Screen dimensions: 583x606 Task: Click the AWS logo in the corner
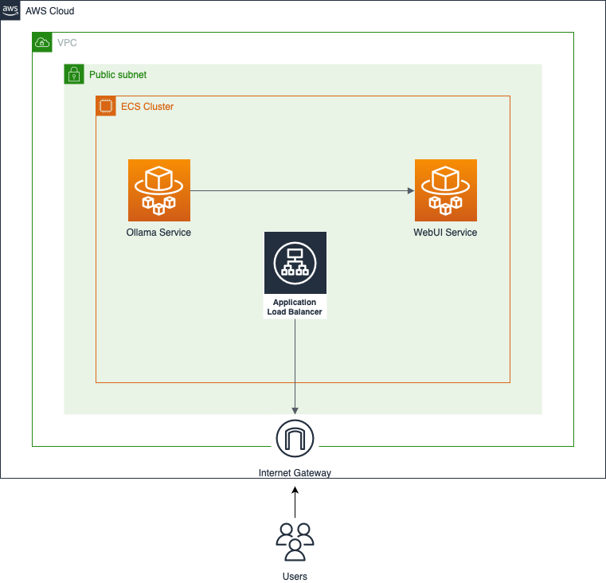tap(10, 10)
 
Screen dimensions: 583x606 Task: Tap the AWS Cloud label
tap(50, 11)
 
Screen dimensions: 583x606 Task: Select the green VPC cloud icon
tap(42, 42)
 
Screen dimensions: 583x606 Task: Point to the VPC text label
tap(67, 42)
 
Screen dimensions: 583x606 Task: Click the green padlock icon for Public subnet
tap(74, 74)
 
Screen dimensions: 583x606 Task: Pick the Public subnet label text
tap(118, 75)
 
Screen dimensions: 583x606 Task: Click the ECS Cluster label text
tap(147, 107)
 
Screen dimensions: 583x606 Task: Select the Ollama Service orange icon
tap(159, 190)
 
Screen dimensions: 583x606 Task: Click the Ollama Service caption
tap(159, 233)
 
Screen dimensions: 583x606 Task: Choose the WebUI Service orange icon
tap(446, 190)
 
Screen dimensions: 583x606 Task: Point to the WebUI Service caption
tap(446, 233)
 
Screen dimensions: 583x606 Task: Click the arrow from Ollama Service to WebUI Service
tap(303, 190)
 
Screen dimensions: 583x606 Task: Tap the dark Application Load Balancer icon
tap(295, 263)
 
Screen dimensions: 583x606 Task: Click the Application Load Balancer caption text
tap(295, 307)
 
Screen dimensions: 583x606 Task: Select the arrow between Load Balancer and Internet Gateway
tap(295, 366)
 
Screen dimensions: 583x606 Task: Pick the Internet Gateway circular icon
tap(295, 438)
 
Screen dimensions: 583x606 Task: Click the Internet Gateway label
tap(295, 473)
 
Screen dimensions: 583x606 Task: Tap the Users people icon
tap(295, 542)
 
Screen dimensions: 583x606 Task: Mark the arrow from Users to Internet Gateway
tap(295, 503)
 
